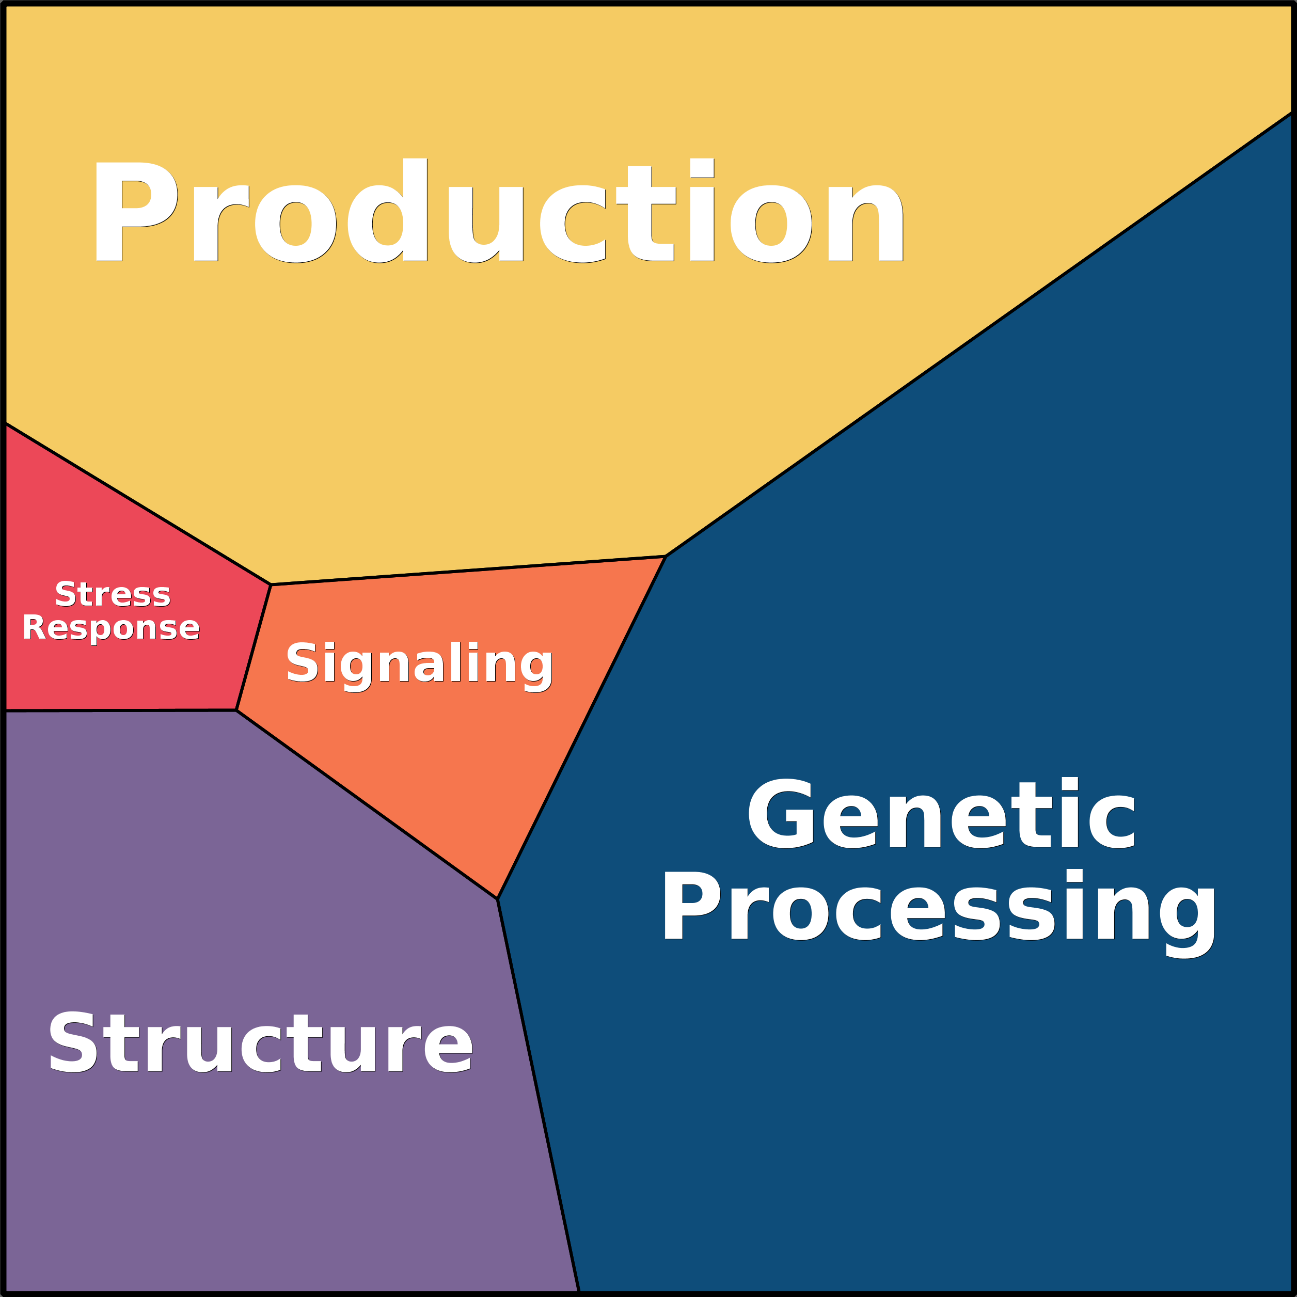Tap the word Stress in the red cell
click(x=113, y=595)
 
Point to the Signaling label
click(x=420, y=666)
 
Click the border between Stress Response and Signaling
click(x=254, y=646)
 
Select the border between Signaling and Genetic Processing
click(x=581, y=727)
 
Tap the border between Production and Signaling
click(x=468, y=570)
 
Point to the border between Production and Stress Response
click(x=138, y=503)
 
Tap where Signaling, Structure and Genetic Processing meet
click(x=497, y=898)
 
